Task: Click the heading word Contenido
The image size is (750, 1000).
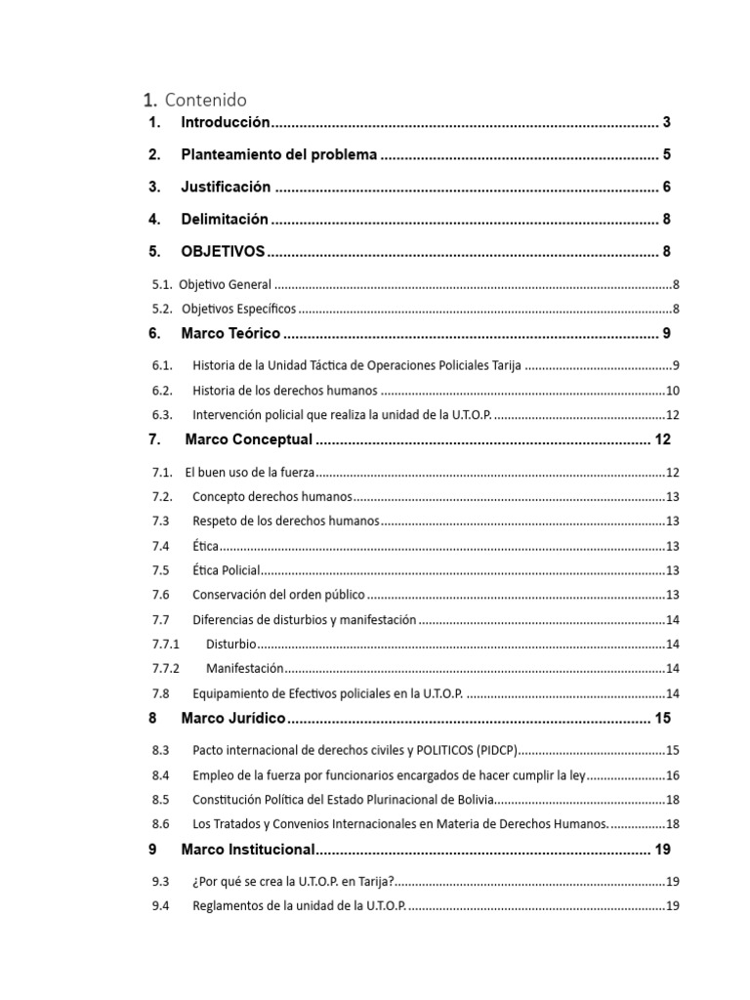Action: tap(206, 100)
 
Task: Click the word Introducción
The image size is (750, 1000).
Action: tap(225, 123)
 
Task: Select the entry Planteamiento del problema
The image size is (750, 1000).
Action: tap(278, 155)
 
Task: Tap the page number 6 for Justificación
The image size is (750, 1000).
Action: tap(666, 187)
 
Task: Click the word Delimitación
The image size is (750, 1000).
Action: tap(224, 220)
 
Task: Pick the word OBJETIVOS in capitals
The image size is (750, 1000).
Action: tap(223, 252)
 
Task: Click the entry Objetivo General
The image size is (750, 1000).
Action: tap(225, 285)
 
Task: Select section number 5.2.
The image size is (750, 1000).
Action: tap(162, 310)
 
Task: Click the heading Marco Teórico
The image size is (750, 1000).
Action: tap(230, 334)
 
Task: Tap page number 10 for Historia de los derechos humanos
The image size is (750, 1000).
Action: tap(672, 391)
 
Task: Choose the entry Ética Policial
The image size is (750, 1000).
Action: tap(227, 570)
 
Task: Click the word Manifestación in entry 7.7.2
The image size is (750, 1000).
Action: tap(244, 668)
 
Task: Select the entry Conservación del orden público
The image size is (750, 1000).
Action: tap(278, 595)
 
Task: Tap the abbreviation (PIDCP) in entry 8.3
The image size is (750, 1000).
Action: tap(496, 750)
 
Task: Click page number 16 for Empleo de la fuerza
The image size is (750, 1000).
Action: tap(672, 775)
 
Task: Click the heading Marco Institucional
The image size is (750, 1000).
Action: tap(248, 850)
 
